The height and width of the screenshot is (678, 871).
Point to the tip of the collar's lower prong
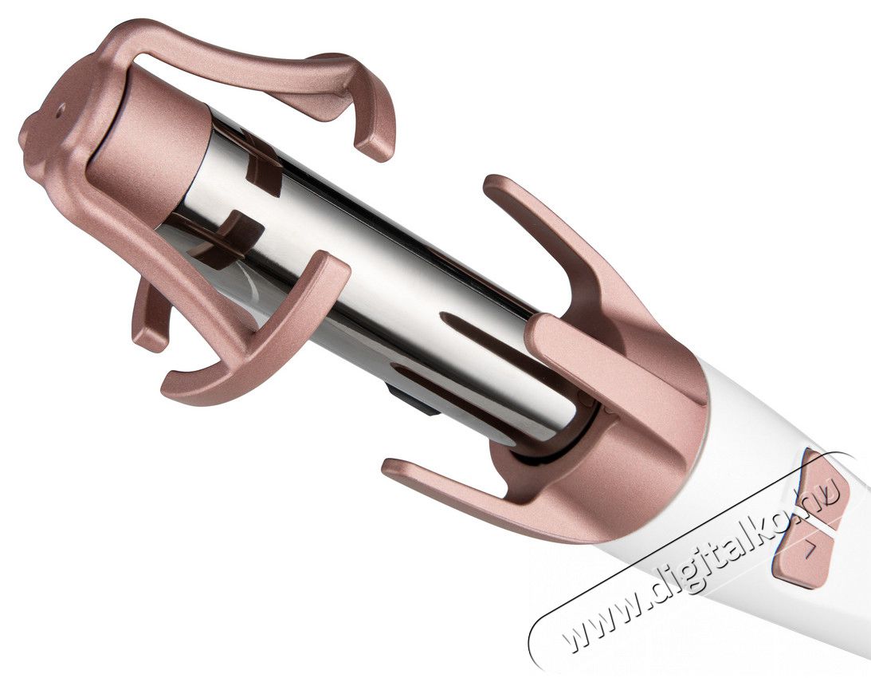[390, 468]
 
